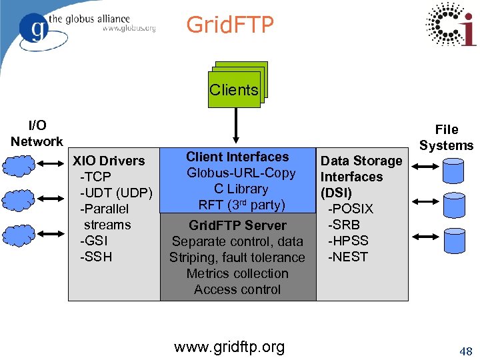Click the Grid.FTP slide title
point(230,25)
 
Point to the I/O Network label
point(37,133)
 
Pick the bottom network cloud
point(21,235)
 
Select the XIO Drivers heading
point(109,161)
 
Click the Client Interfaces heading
point(237,157)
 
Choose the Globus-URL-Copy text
point(241,173)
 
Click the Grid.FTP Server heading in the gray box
point(237,225)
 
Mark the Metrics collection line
point(237,273)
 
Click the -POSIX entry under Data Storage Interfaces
point(350,209)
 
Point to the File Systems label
point(446,137)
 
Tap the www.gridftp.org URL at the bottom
point(229,347)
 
